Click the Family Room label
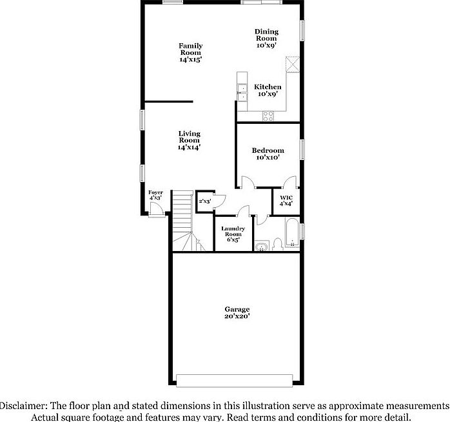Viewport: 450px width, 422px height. coord(191,52)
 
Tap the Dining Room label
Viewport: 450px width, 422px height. coord(266,38)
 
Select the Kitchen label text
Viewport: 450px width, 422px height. coord(267,90)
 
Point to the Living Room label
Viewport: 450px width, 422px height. coord(189,140)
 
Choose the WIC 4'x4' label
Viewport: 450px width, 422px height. coord(286,200)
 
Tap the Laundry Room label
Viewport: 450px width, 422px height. coord(233,234)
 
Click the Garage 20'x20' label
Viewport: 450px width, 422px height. coord(237,312)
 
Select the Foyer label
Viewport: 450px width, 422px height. coord(155,196)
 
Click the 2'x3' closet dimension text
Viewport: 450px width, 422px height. coord(205,201)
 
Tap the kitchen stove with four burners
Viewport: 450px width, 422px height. coord(268,116)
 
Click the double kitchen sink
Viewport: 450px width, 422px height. coord(241,92)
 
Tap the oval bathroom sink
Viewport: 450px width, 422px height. coord(262,246)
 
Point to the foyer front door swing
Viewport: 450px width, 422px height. coord(156,208)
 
